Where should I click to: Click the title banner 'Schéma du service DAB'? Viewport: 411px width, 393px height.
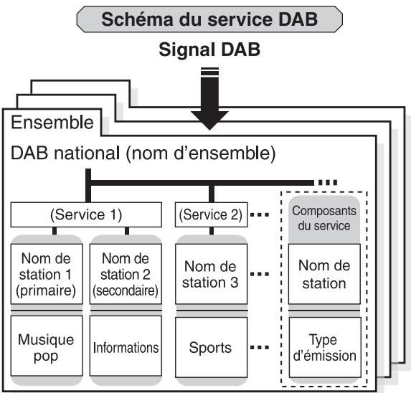209,19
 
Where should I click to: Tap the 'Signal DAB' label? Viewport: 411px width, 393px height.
209,49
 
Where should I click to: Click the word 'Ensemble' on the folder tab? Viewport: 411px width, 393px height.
52,123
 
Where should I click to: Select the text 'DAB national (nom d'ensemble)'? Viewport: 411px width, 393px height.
143,153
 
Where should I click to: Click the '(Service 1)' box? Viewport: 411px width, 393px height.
86,214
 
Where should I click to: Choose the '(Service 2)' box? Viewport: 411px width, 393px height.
212,214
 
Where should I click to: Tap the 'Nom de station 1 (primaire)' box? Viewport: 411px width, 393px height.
47,274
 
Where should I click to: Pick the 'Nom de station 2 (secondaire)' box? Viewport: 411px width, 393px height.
126,274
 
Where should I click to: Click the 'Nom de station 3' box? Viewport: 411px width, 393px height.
212,274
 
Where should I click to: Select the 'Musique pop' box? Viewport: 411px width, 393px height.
47,346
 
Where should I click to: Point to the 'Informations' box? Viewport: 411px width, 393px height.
126,346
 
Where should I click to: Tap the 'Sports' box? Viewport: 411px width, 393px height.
212,347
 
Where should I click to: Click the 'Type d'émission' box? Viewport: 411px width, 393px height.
325,347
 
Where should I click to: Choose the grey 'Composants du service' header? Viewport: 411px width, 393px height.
324,219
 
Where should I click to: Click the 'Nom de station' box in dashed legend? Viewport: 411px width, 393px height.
324,274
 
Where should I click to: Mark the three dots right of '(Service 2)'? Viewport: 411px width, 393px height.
260,215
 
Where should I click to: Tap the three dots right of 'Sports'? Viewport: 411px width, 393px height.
260,348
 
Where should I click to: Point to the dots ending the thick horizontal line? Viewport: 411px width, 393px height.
328,182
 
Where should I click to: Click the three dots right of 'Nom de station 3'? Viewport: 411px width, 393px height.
260,275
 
